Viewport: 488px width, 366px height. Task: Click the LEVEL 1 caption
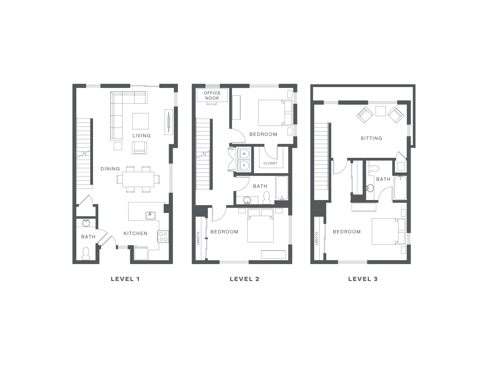125,279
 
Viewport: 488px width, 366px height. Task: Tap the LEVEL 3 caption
363,279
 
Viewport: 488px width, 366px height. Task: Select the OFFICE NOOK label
212,96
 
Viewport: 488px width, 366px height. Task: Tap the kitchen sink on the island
150,215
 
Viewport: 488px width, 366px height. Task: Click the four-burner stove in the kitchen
163,236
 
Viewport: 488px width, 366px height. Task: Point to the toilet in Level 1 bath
86,254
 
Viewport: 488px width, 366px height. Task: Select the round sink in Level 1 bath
86,223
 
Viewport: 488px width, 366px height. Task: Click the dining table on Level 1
138,179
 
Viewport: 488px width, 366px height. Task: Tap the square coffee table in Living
140,121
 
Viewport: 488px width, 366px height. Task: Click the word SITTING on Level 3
371,138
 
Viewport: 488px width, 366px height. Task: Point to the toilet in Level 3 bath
373,168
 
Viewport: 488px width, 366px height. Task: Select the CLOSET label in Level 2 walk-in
270,163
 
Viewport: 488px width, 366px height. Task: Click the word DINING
110,169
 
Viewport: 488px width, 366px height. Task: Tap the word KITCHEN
135,233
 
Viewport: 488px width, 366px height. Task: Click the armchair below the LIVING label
140,148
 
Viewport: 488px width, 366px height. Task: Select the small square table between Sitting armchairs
380,111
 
